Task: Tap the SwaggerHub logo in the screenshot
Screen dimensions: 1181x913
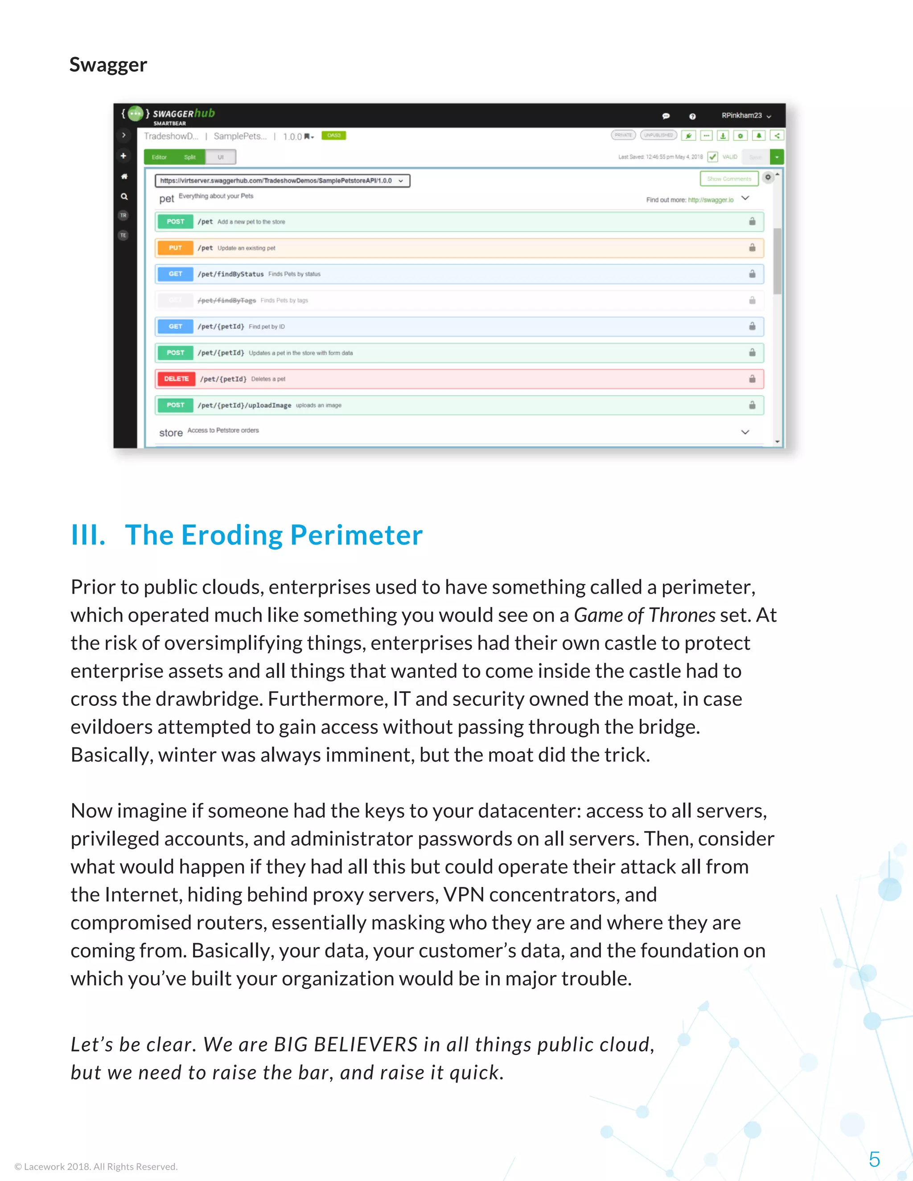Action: [169, 114]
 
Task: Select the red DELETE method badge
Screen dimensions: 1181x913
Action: [176, 378]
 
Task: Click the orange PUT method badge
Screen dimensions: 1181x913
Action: [175, 248]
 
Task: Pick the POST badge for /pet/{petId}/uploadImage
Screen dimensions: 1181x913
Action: [175, 405]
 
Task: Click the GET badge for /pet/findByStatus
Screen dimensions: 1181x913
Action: [175, 274]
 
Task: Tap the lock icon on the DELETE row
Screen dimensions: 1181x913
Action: [752, 378]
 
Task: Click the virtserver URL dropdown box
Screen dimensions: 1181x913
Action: [282, 180]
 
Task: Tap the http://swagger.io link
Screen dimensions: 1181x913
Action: [710, 200]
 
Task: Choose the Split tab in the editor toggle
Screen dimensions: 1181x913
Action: [189, 157]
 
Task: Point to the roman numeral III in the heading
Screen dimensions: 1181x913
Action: [88, 535]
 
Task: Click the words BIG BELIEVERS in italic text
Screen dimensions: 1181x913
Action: [345, 1044]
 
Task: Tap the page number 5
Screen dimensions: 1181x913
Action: [874, 1159]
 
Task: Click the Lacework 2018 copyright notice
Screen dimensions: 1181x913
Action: [96, 1166]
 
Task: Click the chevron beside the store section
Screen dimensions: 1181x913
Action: [745, 432]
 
